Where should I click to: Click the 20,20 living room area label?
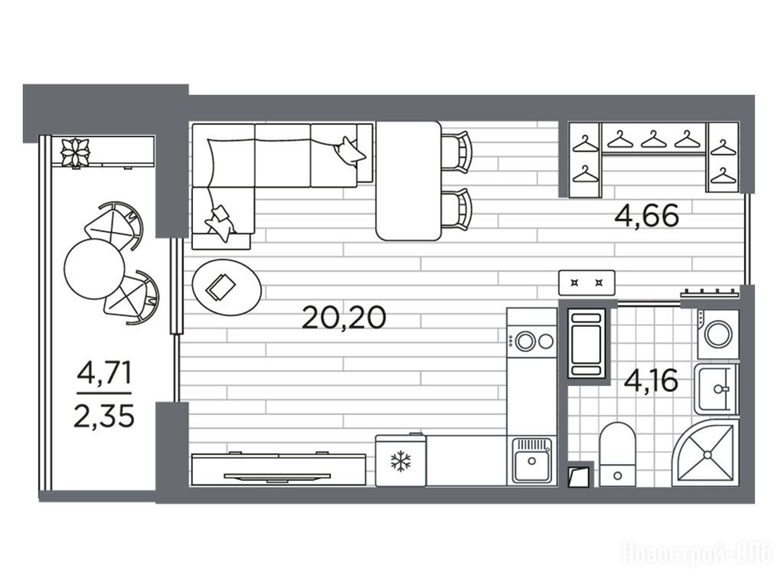pos(344,318)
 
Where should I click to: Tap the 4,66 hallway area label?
pos(647,216)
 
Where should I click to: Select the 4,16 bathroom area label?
pos(651,381)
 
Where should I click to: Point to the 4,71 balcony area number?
pos(104,373)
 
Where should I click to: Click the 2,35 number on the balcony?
pos(104,416)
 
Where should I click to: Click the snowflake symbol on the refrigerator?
pos(400,462)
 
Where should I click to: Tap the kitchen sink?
pos(531,460)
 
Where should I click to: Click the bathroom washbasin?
pos(717,389)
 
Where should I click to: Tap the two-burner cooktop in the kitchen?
pos(531,341)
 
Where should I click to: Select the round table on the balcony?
pos(94,268)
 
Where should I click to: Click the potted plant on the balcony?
pos(75,152)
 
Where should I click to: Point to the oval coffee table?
pos(227,287)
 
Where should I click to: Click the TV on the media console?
pos(276,476)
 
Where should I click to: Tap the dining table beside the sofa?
pos(409,181)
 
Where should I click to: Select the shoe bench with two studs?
pos(586,283)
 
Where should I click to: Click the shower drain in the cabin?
pos(707,454)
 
